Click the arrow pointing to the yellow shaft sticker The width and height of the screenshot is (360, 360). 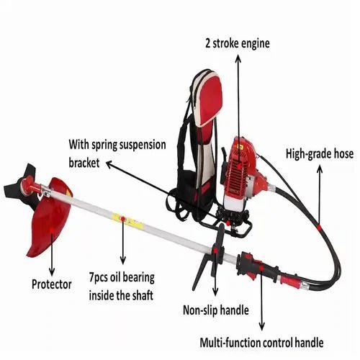(123, 245)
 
